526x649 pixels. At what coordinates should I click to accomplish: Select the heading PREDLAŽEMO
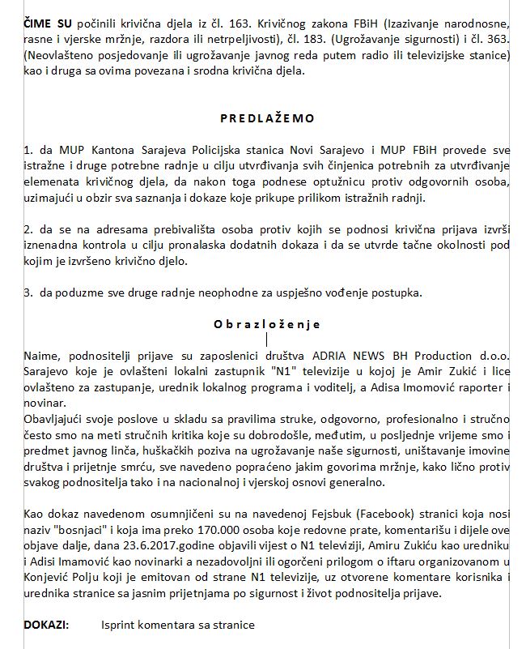(267, 117)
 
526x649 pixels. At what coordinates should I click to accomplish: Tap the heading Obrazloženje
(267, 324)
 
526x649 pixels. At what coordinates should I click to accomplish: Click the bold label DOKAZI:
(46, 625)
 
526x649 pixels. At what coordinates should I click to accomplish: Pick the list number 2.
(28, 229)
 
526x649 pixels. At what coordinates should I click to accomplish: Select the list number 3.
(28, 292)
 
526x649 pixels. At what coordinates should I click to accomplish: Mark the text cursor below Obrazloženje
(267, 339)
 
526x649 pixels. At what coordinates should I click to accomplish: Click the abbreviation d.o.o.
(492, 356)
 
